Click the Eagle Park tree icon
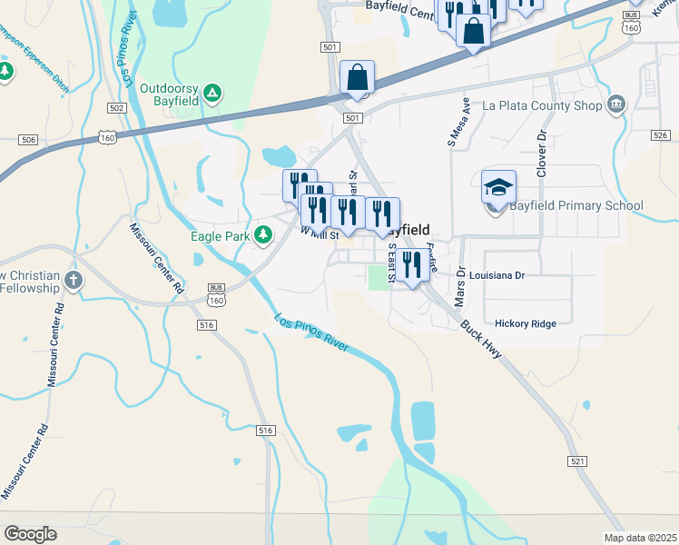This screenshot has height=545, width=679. pos(263,236)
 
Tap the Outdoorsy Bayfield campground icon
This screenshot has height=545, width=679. pos(212,92)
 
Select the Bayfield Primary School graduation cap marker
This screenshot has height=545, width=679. pos(498,187)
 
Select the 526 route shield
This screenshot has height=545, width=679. pos(660,135)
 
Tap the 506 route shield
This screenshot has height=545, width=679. pos(28,139)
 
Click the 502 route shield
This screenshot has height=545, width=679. pos(115,108)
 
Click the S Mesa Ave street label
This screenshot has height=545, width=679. pos(458,123)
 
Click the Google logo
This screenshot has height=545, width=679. pos(30,534)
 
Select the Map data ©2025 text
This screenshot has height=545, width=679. pos(640,538)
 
